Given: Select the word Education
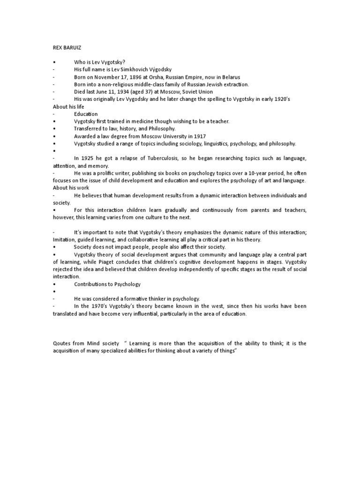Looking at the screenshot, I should click(x=86, y=114).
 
